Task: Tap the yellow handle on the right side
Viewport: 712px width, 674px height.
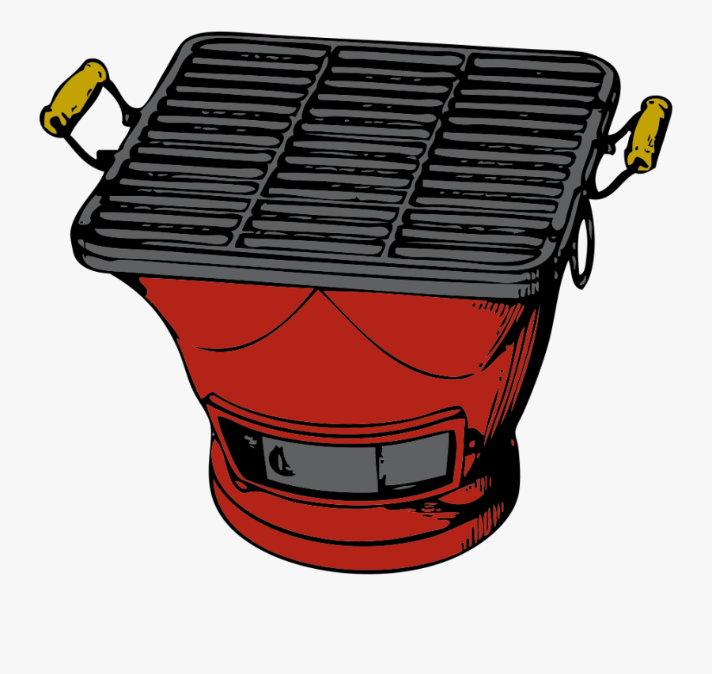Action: tap(649, 134)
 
